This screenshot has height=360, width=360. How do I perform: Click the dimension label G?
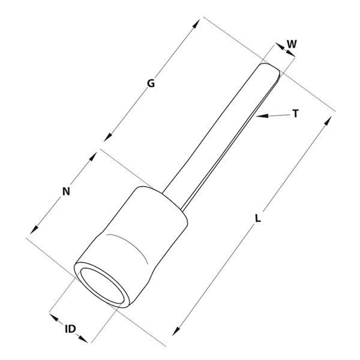(151, 83)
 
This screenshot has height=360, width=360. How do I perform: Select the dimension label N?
(67, 191)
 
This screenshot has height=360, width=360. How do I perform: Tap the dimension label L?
(258, 218)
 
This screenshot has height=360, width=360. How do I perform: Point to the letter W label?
(292, 44)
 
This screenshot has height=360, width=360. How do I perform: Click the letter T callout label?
(295, 113)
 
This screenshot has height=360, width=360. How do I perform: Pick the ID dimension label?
(70, 329)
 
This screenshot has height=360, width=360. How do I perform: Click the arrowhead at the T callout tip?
(262, 116)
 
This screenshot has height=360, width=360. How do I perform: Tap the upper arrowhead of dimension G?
(196, 24)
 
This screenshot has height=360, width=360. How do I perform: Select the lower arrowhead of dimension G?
(108, 137)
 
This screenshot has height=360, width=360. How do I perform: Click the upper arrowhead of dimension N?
(92, 157)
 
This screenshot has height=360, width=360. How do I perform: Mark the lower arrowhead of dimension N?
(34, 230)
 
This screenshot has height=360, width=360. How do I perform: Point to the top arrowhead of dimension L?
(328, 121)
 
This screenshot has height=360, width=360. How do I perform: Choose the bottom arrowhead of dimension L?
(176, 331)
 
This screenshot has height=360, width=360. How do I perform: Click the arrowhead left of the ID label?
(54, 318)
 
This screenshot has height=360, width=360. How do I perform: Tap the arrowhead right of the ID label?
(83, 338)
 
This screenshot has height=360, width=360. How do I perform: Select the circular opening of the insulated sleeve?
(103, 286)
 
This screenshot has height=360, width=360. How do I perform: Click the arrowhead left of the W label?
(280, 46)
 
